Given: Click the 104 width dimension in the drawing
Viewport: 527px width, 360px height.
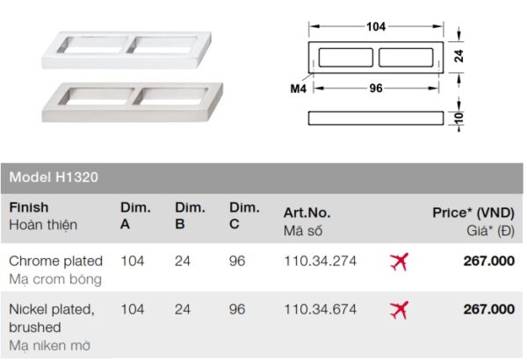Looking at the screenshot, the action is [376, 26].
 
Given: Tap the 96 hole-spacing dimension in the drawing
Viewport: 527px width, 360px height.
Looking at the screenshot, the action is [376, 88].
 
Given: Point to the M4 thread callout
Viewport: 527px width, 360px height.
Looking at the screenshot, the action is [298, 89].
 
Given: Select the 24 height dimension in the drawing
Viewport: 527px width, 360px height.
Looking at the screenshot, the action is [458, 56].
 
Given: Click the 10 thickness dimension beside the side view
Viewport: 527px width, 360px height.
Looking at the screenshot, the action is [458, 118].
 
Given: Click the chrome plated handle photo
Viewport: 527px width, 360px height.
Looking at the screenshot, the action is [126, 50].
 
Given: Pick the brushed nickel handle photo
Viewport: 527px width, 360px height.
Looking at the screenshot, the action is [133, 102].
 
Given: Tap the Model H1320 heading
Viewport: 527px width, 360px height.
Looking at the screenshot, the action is [54, 177].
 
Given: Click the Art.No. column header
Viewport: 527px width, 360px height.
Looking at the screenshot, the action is [307, 212].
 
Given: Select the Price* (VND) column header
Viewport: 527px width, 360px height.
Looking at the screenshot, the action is [473, 212].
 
